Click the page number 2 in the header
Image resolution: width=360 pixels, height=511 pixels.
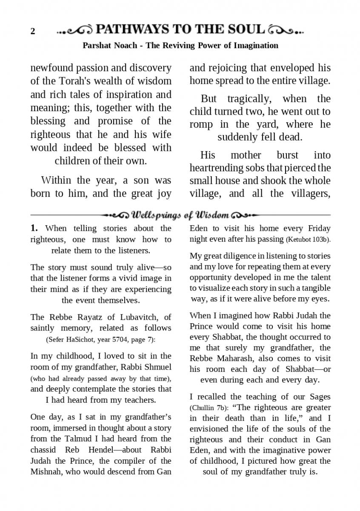[x=33, y=32]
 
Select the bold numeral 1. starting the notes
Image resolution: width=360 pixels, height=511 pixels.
[x=34, y=228]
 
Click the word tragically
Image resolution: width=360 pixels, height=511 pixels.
[x=249, y=99]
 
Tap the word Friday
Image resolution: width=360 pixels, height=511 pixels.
[x=319, y=228]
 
